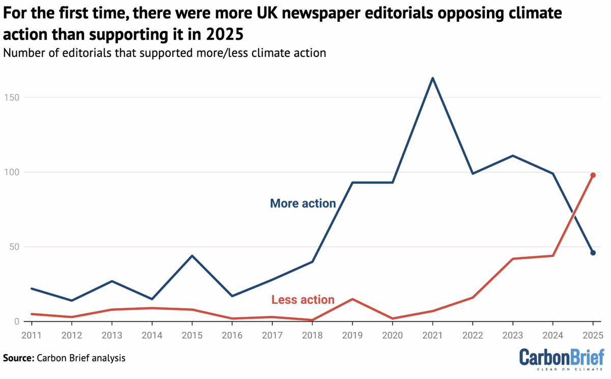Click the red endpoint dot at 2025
[593, 175]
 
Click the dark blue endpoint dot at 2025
[593, 252]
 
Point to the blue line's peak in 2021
[432, 78]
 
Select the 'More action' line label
[302, 204]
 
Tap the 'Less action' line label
[303, 299]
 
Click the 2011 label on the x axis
[31, 336]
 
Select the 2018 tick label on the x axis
[312, 336]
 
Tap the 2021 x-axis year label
[432, 336]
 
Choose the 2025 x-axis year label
[593, 336]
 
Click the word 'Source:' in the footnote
[18, 358]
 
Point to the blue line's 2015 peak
[191, 256]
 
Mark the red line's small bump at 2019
[352, 299]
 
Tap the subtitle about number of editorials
[164, 53]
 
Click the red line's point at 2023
[513, 259]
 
